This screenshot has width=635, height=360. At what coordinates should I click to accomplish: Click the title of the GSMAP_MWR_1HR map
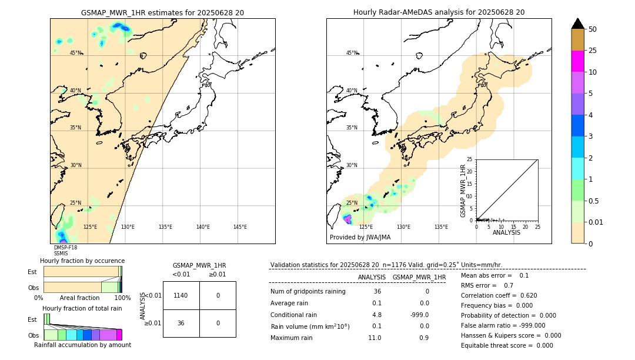(x=162, y=12)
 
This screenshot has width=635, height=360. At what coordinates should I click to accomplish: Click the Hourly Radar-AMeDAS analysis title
(x=439, y=12)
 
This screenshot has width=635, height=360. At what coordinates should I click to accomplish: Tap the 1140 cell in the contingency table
(x=181, y=295)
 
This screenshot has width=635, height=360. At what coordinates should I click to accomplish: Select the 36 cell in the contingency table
(x=181, y=323)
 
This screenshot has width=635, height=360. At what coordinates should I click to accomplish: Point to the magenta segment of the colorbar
(x=577, y=61)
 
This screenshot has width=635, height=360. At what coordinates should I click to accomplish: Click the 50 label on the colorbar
(x=593, y=29)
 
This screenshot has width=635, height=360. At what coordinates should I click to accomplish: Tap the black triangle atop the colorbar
(x=577, y=24)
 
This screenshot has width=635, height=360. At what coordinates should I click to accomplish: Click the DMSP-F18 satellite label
(x=65, y=248)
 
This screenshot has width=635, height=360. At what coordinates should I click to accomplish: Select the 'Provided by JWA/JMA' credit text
(x=360, y=238)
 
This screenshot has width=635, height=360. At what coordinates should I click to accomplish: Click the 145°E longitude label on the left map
(x=240, y=227)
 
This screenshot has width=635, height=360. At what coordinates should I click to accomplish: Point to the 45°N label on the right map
(x=352, y=53)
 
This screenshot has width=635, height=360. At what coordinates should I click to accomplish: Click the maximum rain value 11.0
(x=375, y=338)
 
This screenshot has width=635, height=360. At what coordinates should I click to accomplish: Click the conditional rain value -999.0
(x=419, y=314)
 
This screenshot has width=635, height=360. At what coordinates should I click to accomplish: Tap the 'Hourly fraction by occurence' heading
(x=82, y=261)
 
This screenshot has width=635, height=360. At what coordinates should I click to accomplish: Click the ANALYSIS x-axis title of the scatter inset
(x=506, y=232)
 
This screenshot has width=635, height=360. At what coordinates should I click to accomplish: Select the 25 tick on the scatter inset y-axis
(x=470, y=159)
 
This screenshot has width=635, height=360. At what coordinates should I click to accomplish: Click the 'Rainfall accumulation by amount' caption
(x=82, y=345)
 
